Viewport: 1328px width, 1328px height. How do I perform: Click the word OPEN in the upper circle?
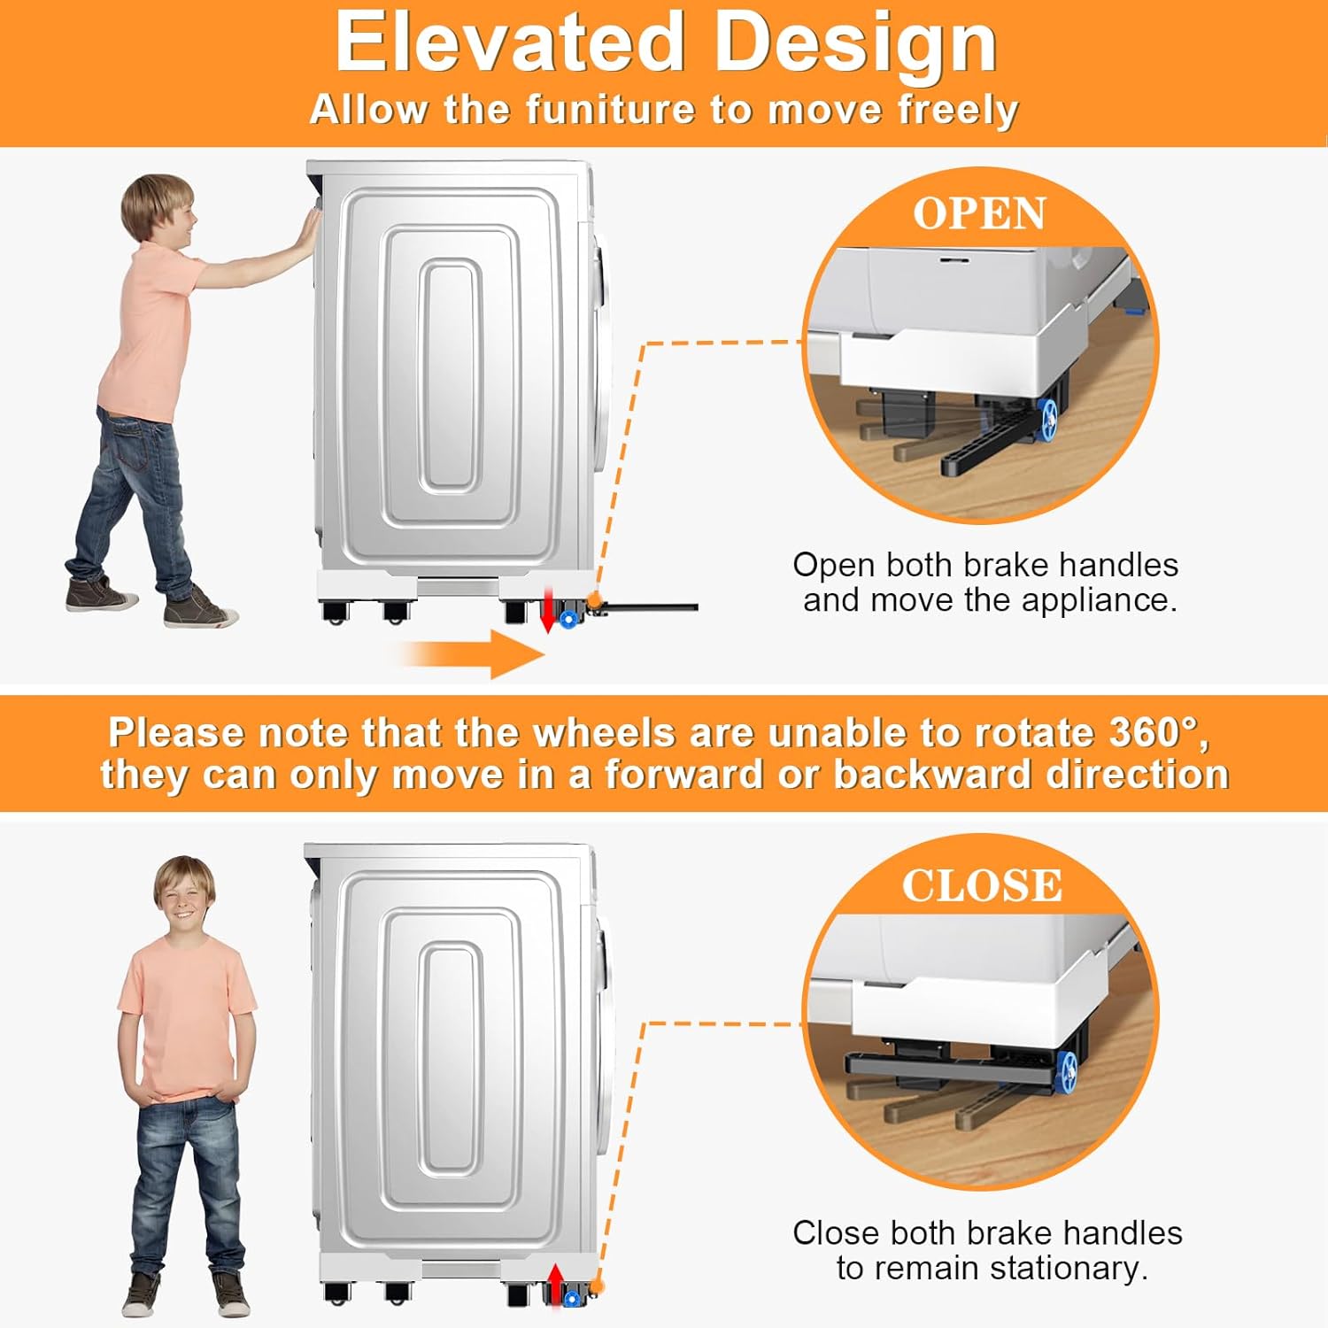pos(979,213)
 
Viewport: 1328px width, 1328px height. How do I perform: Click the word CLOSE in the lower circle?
pos(982,885)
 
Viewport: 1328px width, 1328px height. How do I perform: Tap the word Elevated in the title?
pos(510,42)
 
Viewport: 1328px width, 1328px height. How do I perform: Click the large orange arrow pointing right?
pos(469,655)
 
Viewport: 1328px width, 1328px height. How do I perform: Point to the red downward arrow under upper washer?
pos(548,612)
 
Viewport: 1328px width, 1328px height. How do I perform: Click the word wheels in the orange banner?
pos(604,733)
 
